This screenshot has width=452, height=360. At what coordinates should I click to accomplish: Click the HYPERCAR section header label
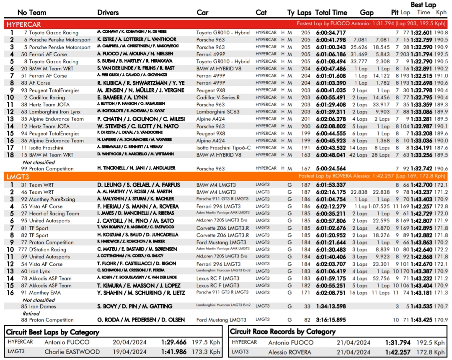pyautogui.click(x=24, y=24)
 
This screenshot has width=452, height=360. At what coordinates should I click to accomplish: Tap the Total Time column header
pyautogui.click(x=331, y=13)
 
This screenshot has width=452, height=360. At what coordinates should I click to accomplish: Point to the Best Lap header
pyautogui.click(x=423, y=5)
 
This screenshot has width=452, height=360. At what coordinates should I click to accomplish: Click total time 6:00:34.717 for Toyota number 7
pyautogui.click(x=331, y=33)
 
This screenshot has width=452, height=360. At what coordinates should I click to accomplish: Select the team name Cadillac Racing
pyautogui.click(x=47, y=97)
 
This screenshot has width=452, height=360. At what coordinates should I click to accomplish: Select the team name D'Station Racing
pyautogui.click(x=47, y=249)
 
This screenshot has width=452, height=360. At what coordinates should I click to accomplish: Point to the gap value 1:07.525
pyautogui.click(x=380, y=206)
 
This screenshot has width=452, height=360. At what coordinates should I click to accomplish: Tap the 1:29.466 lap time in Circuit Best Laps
pyautogui.click(x=174, y=342)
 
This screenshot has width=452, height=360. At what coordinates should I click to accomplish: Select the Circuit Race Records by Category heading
pyautogui.click(x=283, y=332)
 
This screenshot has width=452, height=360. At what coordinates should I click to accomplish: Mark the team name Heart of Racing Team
pyautogui.click(x=54, y=213)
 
